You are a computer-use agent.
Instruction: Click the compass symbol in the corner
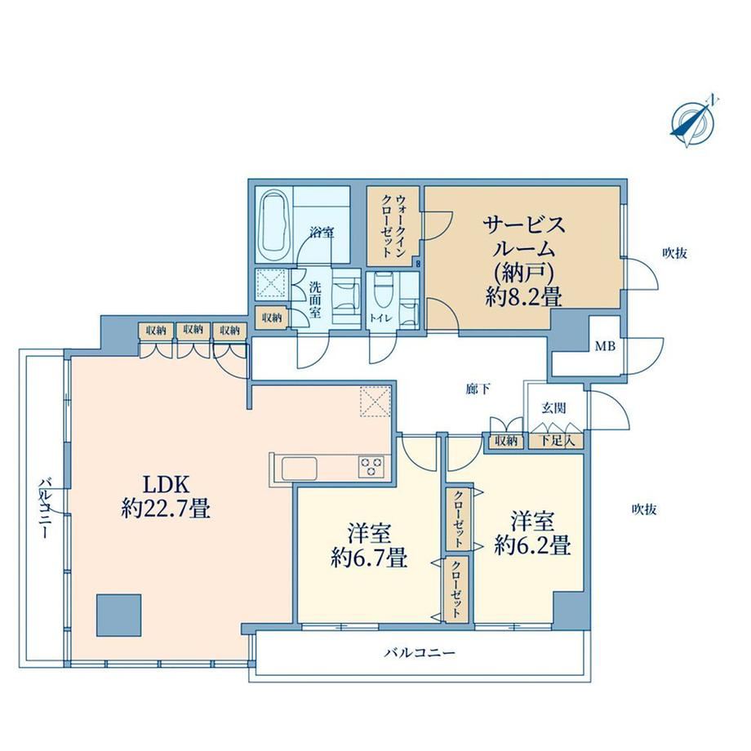[692, 121]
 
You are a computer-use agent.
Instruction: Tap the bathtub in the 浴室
[274, 225]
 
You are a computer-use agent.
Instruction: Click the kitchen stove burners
[372, 466]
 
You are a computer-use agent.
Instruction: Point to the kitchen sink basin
[300, 469]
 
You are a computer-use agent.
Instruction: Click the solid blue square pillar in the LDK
[119, 615]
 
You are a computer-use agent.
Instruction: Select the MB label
[605, 346]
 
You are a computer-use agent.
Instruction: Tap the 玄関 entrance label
[554, 408]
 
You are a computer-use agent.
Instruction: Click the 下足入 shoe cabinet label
[557, 441]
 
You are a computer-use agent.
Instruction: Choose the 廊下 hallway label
[478, 389]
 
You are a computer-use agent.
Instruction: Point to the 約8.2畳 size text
[523, 298]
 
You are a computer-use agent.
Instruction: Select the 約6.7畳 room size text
[369, 558]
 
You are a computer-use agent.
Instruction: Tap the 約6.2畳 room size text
[532, 545]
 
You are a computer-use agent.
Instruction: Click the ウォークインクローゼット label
[393, 226]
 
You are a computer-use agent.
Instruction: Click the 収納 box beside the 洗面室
[272, 318]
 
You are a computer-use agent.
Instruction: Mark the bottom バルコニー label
[420, 653]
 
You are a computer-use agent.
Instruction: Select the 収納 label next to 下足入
[506, 441]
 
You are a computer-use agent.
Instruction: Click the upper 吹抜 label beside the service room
[675, 253]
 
